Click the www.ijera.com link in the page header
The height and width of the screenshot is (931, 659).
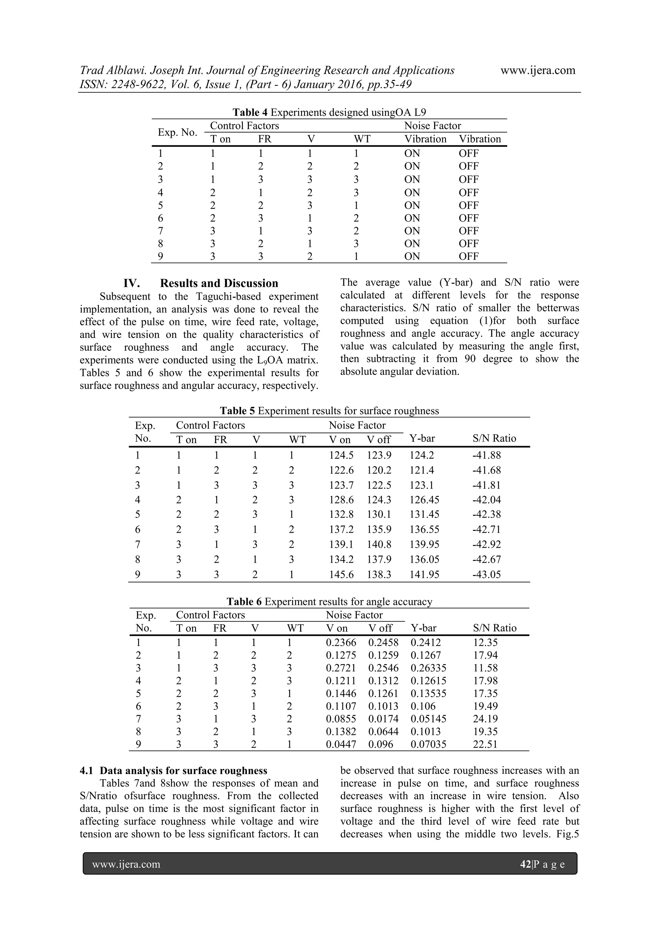(x=538, y=70)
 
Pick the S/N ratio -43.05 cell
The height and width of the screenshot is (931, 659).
(x=486, y=575)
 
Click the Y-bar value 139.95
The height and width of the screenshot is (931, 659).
(x=424, y=544)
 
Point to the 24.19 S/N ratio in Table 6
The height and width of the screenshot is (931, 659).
(x=485, y=719)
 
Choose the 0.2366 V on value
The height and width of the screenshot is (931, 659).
(x=341, y=643)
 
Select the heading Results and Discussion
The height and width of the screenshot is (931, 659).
(x=219, y=283)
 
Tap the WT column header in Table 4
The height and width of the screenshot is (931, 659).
(x=362, y=139)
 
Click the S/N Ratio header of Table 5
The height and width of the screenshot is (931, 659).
(x=494, y=438)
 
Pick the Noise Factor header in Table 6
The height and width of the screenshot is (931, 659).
(x=354, y=615)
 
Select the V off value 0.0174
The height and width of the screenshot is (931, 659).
(x=383, y=719)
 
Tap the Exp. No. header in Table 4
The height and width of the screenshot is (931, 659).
(x=177, y=132)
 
